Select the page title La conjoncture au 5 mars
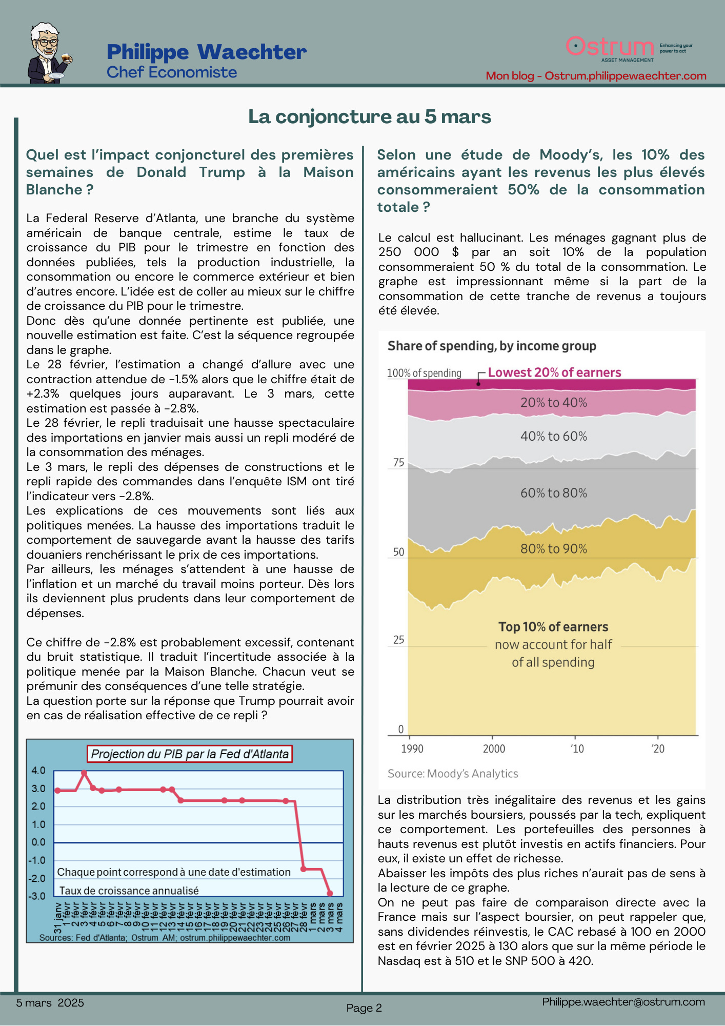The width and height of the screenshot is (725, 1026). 369,117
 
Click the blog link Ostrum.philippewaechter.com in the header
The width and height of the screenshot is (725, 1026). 625,76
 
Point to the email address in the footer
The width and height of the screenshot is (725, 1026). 623,1002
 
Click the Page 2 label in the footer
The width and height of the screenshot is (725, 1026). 364,1008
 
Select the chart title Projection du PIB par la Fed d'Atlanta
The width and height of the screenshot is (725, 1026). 190,754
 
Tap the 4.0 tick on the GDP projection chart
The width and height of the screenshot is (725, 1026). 38,771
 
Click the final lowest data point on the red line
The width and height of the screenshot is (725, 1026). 330,894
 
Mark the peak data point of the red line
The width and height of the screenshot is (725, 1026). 84,773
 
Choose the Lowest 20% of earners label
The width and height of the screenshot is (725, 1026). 554,372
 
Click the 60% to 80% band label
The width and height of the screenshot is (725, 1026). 554,493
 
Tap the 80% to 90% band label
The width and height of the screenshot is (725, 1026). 554,549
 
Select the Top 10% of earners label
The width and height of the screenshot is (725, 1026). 553,627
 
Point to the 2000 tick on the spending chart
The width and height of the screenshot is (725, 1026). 494,749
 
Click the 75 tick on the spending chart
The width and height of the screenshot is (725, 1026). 398,463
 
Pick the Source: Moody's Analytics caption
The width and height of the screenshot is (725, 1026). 453,774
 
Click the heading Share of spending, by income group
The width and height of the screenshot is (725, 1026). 492,346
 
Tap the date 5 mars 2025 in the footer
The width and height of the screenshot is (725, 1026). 50,1003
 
